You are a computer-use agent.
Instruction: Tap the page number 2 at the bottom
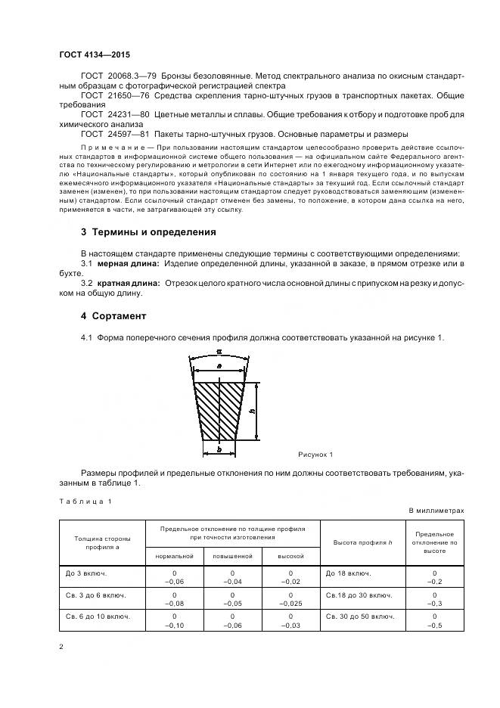pos(61,647)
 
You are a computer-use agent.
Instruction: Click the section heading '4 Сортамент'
pos(113,315)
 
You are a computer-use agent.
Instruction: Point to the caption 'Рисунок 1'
pos(316,454)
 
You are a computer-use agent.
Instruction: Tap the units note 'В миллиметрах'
pos(436,511)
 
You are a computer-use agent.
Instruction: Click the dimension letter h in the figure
pos(252,411)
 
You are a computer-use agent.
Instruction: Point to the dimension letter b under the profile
pos(219,449)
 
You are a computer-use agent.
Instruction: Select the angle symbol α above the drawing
pos(219,351)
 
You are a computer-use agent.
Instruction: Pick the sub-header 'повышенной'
pos(232,555)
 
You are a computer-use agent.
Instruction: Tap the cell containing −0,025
pos(290,604)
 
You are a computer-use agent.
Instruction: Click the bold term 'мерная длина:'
pos(129,262)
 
